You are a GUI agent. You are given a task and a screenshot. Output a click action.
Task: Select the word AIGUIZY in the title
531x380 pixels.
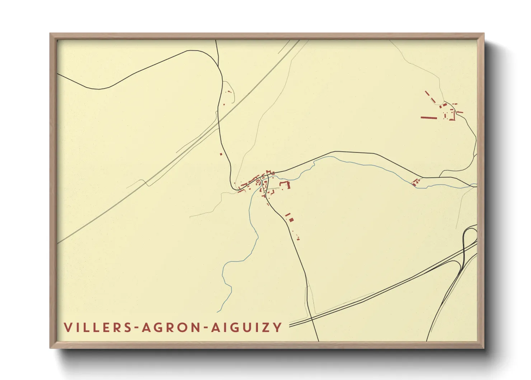point(246,328)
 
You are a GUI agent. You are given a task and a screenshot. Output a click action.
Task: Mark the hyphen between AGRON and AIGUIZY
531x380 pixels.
point(205,328)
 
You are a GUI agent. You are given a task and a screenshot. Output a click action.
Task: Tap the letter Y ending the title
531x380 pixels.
point(277,328)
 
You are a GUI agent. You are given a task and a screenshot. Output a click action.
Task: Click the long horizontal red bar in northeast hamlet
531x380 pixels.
point(429,117)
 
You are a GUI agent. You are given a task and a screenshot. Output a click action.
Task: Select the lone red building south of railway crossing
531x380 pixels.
point(221,154)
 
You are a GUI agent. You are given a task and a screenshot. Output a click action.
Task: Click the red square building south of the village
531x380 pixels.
point(291,219)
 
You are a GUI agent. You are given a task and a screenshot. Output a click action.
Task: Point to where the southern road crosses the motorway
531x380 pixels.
point(311,317)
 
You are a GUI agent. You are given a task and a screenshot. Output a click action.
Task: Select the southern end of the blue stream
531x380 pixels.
point(218,311)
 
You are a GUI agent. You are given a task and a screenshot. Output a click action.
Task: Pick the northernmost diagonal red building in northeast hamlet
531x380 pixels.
point(427,93)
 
